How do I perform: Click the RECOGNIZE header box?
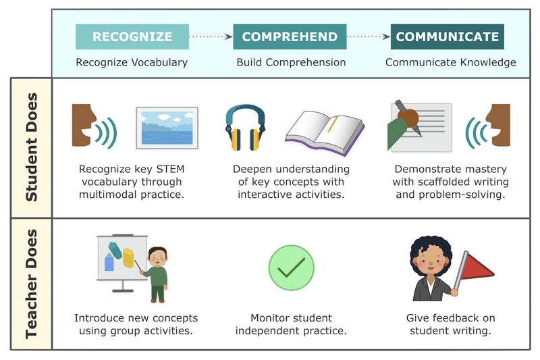132,36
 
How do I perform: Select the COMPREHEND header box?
290,36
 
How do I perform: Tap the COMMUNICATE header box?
448,36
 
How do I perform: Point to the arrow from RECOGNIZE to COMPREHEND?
211,36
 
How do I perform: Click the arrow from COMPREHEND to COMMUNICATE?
369,36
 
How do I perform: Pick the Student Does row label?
31,147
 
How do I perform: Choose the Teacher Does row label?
31,284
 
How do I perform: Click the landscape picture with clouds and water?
167,128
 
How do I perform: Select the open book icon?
325,132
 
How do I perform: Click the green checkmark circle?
292,267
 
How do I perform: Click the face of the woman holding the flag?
431,263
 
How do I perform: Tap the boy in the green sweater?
157,275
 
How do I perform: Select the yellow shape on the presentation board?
128,258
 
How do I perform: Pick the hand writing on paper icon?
419,127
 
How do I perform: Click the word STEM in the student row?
171,169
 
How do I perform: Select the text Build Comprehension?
291,62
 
